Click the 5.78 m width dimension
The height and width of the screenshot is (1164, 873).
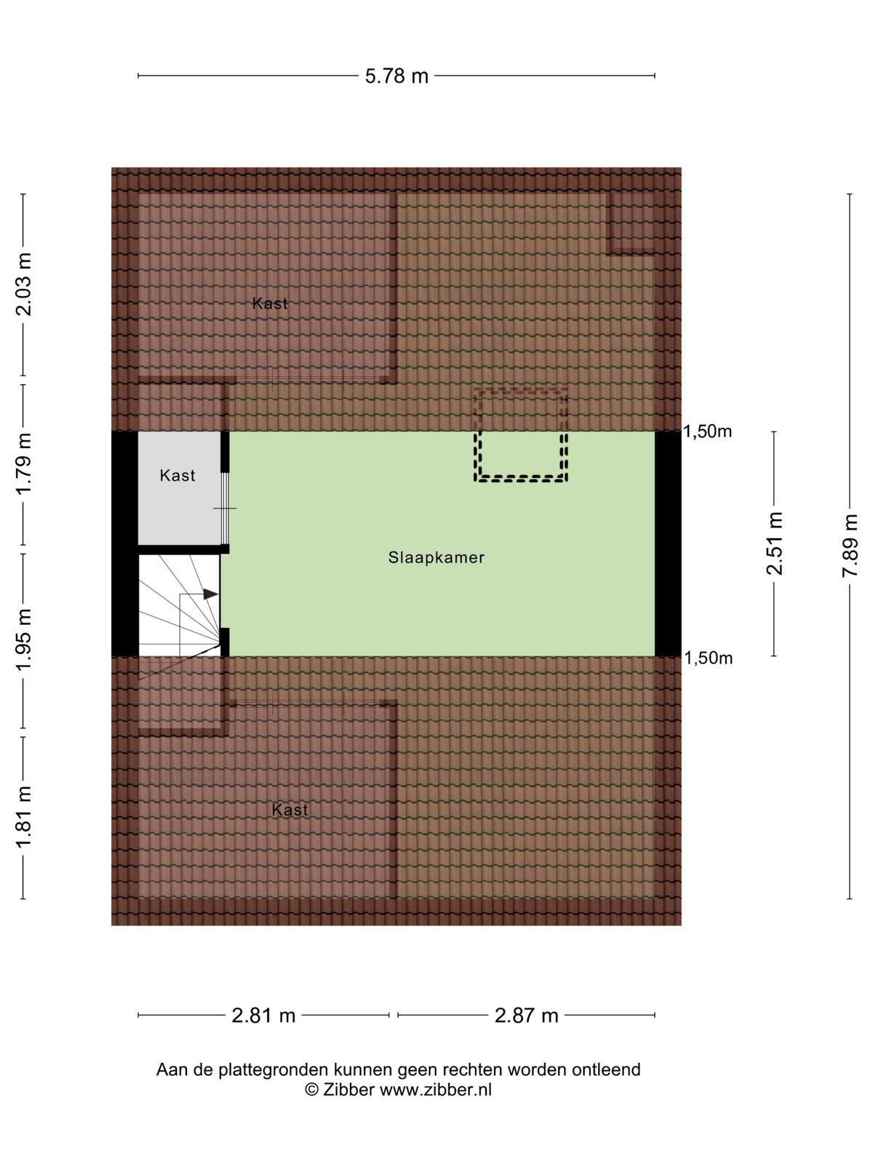396,76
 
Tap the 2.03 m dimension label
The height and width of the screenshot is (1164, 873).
25,284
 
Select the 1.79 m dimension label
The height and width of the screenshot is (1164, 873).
25,463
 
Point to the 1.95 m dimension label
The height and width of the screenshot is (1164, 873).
25,639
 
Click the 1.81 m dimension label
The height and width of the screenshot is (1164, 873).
25,817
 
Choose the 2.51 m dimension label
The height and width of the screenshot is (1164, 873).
774,543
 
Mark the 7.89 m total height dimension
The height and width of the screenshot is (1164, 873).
850,546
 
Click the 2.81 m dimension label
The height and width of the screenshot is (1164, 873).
263,1016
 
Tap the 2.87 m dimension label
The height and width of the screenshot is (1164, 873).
526,1016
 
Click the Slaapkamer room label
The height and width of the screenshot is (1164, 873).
436,558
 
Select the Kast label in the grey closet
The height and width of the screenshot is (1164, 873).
178,476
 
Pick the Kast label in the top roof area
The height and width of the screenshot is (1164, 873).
270,303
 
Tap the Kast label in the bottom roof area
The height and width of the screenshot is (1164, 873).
290,810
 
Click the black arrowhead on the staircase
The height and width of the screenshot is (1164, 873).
210,594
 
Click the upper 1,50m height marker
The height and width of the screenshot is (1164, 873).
708,431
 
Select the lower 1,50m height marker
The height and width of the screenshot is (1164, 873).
708,658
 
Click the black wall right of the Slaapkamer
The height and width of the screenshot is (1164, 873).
668,544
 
